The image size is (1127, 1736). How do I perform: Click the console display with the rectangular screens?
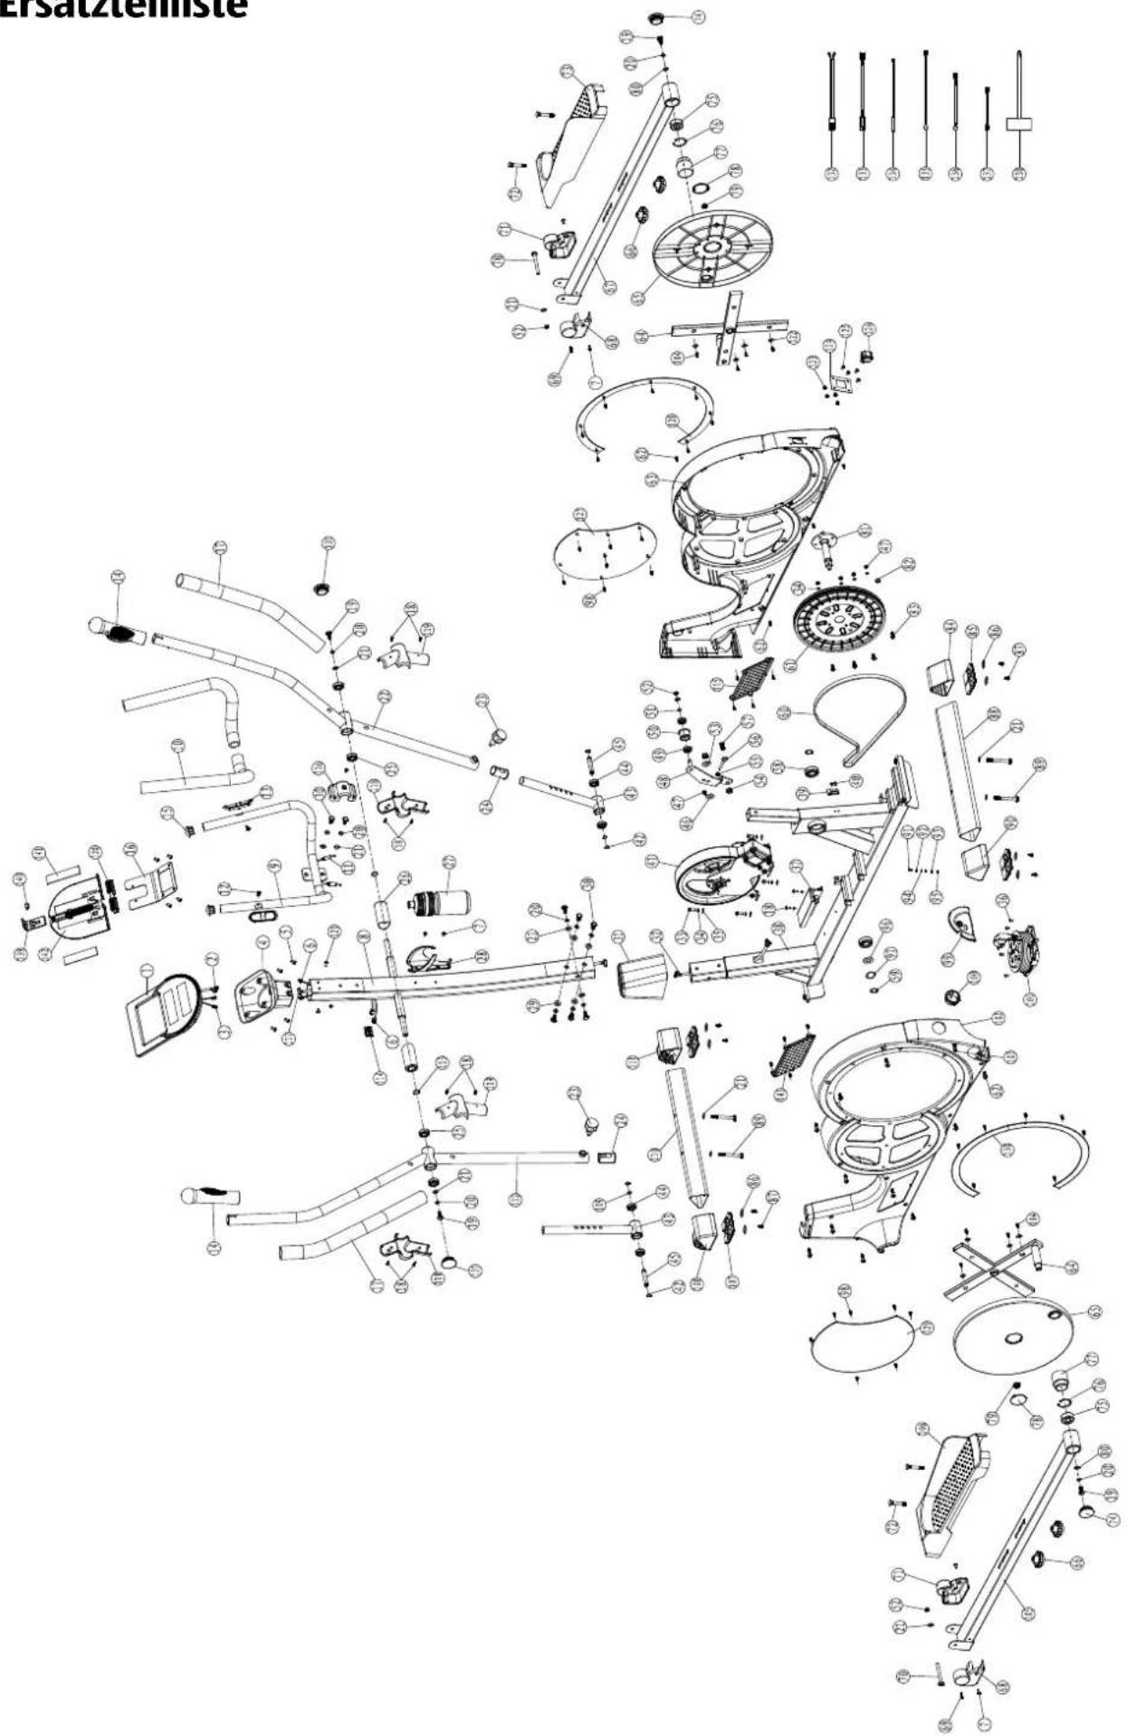point(163,1007)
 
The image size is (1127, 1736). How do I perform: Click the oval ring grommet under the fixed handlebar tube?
point(261,914)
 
